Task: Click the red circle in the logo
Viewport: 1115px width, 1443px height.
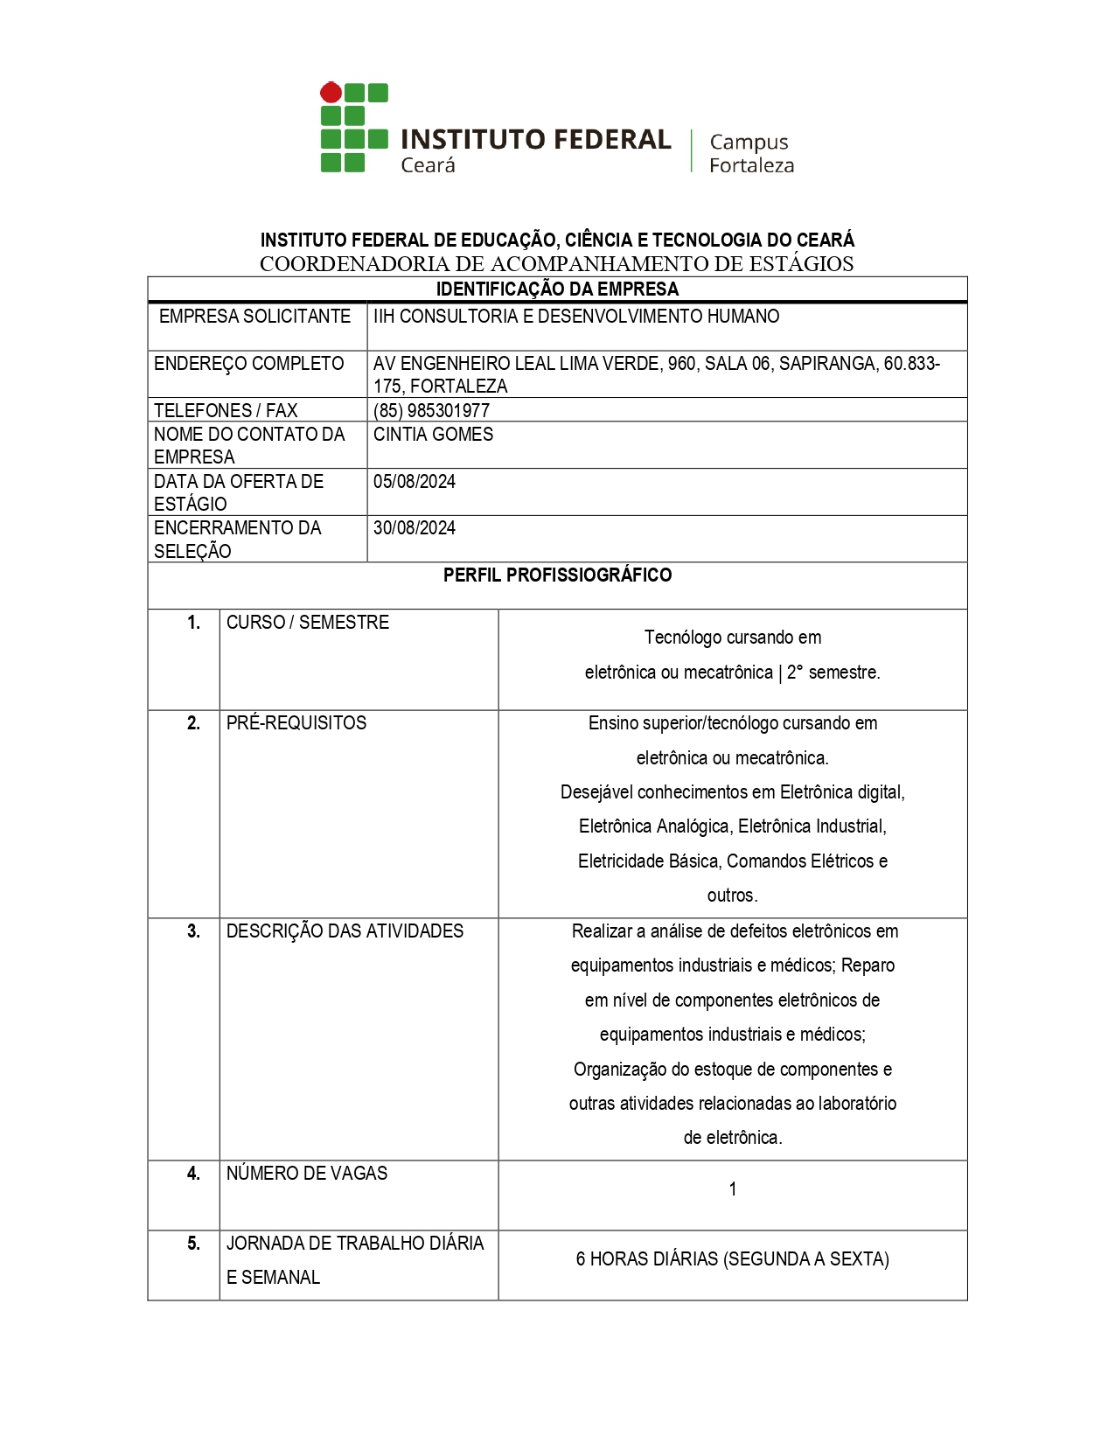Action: [x=331, y=93]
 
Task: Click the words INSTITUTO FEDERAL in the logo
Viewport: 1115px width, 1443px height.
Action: [x=535, y=140]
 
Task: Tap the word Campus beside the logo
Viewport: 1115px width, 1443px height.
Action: [x=749, y=142]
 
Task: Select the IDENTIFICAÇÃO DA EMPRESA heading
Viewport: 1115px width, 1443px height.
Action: [x=557, y=289]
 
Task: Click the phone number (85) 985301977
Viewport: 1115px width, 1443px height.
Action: [x=431, y=410]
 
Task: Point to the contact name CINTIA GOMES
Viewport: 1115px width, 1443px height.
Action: [x=433, y=435]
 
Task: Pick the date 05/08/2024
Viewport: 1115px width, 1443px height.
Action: [x=415, y=482]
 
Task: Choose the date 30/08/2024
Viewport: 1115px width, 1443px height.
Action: [x=415, y=528]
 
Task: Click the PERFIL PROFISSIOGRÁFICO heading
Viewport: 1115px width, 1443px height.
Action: [x=557, y=575]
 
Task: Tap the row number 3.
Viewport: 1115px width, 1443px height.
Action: [x=193, y=931]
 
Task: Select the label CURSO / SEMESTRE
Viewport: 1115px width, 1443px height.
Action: [x=308, y=623]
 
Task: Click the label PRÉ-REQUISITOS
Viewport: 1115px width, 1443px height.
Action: [x=296, y=723]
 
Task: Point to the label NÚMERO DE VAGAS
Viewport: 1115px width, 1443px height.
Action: [x=307, y=1174]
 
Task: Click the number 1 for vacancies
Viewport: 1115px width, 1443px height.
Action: [x=733, y=1189]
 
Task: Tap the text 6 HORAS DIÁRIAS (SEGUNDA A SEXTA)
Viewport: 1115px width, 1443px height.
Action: [x=733, y=1259]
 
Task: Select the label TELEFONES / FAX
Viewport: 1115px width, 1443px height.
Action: [x=226, y=410]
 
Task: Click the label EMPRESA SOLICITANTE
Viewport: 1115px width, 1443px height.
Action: [x=254, y=317]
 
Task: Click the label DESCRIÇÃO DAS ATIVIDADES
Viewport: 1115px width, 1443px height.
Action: [x=345, y=931]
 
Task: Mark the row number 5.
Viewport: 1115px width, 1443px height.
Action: [x=193, y=1244]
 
